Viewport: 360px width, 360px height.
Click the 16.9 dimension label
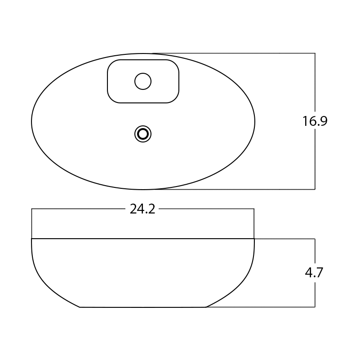point(315,121)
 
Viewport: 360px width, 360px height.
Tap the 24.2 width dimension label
point(142,209)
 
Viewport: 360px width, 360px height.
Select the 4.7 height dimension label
point(314,272)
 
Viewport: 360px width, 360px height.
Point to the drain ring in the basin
point(143,125)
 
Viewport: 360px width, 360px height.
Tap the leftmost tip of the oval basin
point(31,121)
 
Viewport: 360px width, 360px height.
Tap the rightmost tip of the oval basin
point(255,121)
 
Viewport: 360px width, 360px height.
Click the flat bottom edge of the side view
point(143,307)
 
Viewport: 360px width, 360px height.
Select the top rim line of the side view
point(143,239)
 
